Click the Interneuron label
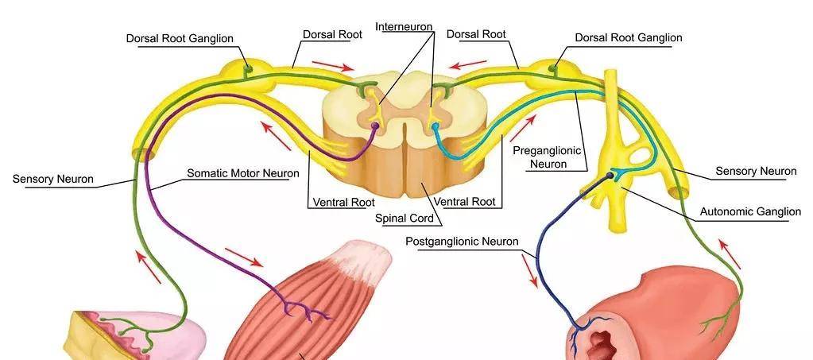(405, 26)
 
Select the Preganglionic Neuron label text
(548, 157)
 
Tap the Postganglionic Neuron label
(462, 241)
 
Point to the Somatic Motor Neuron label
(242, 172)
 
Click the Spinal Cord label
(405, 217)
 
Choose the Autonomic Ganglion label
(750, 212)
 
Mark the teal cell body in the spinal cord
(435, 126)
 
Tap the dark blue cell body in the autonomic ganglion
(611, 175)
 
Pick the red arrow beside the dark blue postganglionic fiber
(530, 271)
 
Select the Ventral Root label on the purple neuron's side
(343, 202)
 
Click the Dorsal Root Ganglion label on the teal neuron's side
(628, 37)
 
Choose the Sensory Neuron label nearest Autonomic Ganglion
(756, 171)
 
